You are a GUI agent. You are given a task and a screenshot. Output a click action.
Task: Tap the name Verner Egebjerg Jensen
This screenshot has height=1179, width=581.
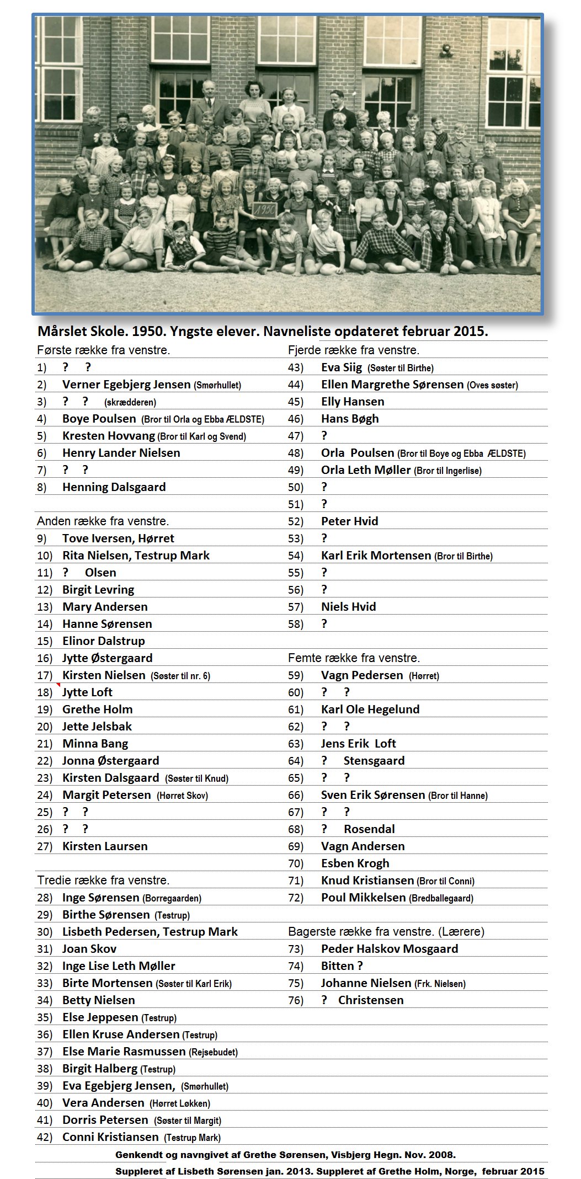click(x=126, y=385)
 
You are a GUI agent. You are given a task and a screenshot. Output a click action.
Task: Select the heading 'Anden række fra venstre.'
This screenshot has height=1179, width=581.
click(x=103, y=521)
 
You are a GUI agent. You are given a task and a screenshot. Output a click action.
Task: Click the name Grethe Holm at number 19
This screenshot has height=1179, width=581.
click(x=97, y=709)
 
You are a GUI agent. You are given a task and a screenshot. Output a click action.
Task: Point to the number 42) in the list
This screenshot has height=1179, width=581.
click(x=45, y=1137)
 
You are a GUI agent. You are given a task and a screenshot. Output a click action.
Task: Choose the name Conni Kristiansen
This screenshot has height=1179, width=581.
click(x=110, y=1137)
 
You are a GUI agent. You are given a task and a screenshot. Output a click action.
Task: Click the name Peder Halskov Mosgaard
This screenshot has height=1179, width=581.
click(x=390, y=949)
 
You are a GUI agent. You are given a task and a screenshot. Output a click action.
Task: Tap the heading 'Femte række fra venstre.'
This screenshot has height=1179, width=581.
click(x=354, y=658)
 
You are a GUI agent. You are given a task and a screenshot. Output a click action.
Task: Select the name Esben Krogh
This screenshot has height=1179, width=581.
click(x=355, y=863)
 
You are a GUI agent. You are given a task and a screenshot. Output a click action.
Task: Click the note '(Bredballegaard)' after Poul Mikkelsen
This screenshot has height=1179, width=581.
click(x=441, y=898)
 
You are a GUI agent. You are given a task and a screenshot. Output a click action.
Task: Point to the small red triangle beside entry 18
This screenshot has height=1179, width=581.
click(x=58, y=685)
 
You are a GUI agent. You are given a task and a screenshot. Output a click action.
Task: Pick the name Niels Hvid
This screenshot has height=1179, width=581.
click(x=349, y=607)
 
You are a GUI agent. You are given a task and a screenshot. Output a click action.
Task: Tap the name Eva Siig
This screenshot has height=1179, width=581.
click(x=342, y=367)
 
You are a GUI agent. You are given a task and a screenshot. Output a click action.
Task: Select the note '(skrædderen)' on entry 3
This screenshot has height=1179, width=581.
click(x=130, y=402)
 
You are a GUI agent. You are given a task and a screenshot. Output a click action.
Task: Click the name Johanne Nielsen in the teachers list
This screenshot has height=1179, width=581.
click(x=366, y=983)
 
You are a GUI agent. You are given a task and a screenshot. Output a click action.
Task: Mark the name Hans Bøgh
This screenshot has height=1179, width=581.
click(x=350, y=419)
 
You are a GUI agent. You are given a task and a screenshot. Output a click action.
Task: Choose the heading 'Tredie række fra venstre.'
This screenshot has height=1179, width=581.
click(x=103, y=881)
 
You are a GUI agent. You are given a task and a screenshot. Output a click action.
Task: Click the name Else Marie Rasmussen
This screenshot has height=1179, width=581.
click(x=124, y=1052)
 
